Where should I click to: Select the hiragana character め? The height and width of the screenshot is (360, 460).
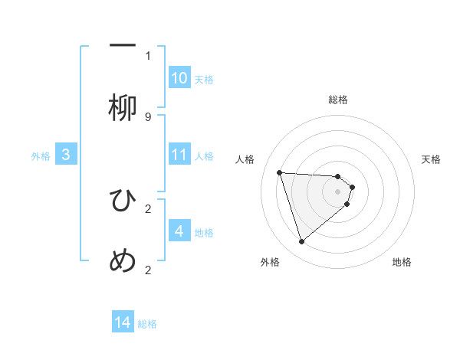point(123,261)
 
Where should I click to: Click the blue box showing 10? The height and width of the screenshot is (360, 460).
point(179,78)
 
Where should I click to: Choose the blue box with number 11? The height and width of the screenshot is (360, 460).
point(179,155)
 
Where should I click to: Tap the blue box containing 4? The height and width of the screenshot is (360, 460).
point(179,231)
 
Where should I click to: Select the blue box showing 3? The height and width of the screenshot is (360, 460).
point(66,155)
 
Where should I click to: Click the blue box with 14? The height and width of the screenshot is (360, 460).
point(123,322)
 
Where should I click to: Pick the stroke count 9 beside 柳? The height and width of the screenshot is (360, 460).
point(148,116)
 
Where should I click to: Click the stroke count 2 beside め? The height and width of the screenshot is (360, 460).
point(148,270)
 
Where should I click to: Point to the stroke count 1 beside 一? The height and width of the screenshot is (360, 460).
point(148,55)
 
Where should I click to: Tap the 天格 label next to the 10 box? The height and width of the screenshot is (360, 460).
point(204,80)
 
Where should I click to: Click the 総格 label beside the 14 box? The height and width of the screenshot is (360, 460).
point(147,324)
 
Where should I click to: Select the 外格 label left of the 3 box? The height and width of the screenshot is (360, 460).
point(41,156)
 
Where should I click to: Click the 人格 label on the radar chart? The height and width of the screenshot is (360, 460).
point(245,159)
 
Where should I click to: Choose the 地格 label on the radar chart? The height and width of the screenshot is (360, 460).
point(402,262)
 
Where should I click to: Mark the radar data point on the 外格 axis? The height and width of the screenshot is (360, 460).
point(301,242)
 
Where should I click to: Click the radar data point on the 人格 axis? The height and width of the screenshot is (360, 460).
point(280,172)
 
